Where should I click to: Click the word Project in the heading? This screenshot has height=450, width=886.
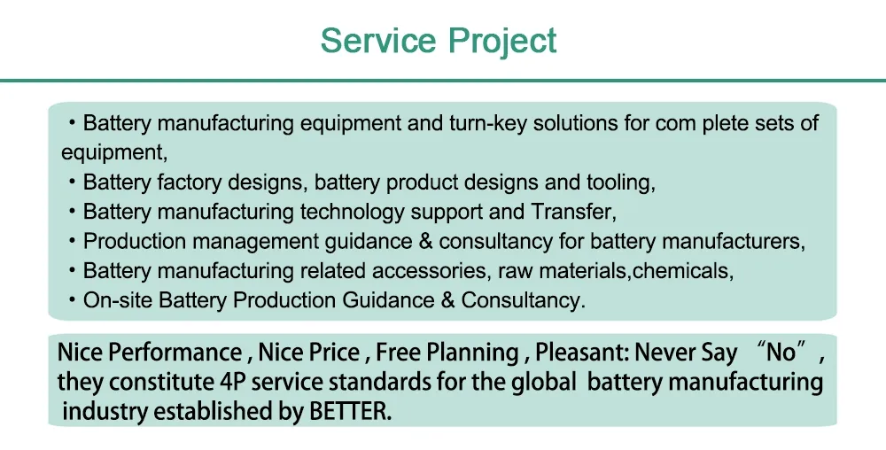(501, 41)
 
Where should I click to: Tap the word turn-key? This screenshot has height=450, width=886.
(478, 123)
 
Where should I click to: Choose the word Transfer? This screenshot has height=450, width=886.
(571, 212)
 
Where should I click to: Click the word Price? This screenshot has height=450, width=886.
(333, 353)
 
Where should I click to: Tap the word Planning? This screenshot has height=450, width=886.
(474, 353)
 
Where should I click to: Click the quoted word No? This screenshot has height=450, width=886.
(781, 353)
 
